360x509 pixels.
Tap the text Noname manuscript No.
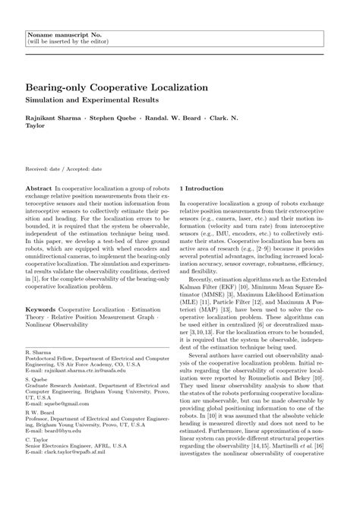[59, 35]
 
